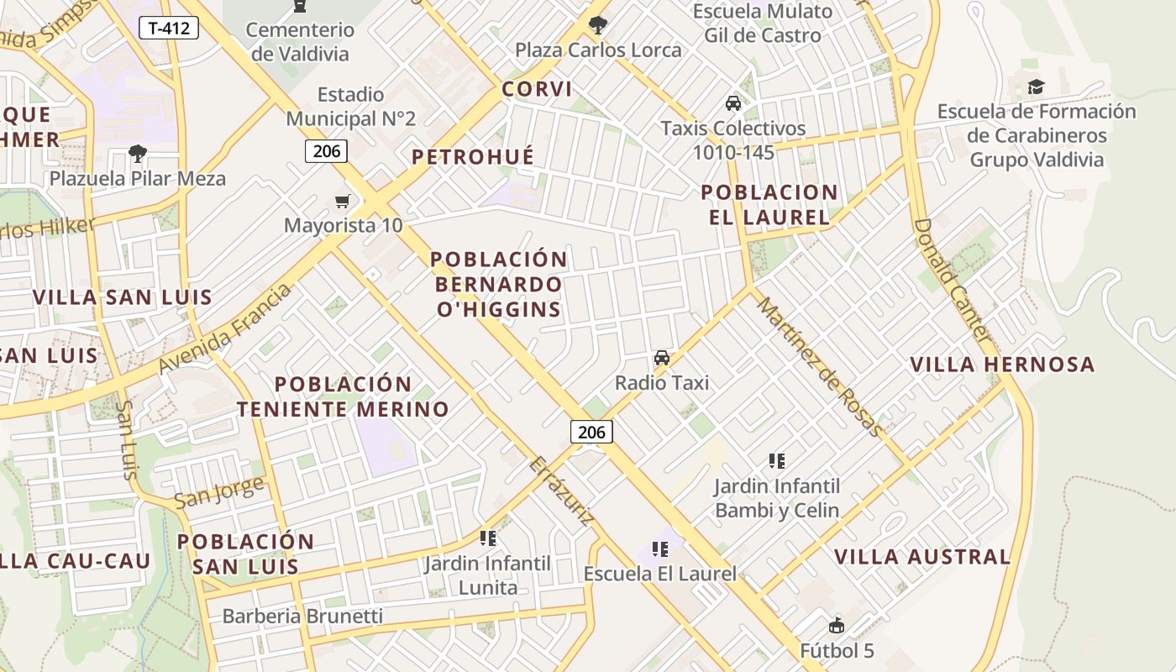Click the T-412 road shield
tap(169, 29)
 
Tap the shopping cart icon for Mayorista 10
tap(342, 201)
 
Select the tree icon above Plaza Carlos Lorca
tap(598, 25)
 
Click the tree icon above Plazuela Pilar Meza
tap(137, 154)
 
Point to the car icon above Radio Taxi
tap(662, 358)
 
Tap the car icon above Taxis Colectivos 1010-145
tap(732, 103)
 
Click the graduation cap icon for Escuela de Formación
tap(1036, 87)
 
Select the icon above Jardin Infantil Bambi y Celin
tap(777, 460)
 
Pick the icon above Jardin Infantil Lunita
tap(487, 538)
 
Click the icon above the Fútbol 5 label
tap(837, 625)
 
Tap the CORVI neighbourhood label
tap(537, 89)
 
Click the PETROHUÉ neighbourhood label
tap(473, 157)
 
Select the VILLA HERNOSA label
tap(1003, 365)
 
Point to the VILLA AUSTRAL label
tap(922, 557)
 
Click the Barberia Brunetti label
tap(302, 616)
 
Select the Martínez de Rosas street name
tap(820, 367)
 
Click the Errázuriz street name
tap(562, 491)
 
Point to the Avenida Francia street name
tap(225, 328)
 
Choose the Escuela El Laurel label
tap(659, 574)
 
